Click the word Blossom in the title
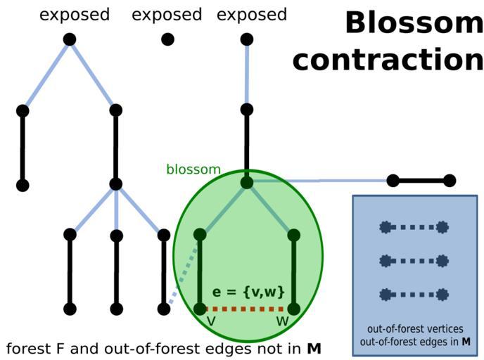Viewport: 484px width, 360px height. tap(414, 24)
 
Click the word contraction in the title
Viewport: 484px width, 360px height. tap(388, 60)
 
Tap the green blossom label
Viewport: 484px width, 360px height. tap(193, 170)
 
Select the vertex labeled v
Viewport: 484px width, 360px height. tap(200, 308)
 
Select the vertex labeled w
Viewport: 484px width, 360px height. tap(294, 308)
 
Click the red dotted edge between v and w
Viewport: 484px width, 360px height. tap(247, 308)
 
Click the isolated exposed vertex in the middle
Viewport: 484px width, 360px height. tap(167, 39)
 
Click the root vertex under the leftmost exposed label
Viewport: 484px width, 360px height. tap(69, 39)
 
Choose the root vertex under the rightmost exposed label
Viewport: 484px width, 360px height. tap(246, 39)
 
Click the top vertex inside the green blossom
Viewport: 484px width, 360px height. tap(246, 183)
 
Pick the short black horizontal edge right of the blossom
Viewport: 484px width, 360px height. tap(421, 181)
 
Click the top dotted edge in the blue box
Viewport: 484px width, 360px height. tap(414, 227)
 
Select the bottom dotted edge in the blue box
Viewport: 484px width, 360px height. tap(414, 295)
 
